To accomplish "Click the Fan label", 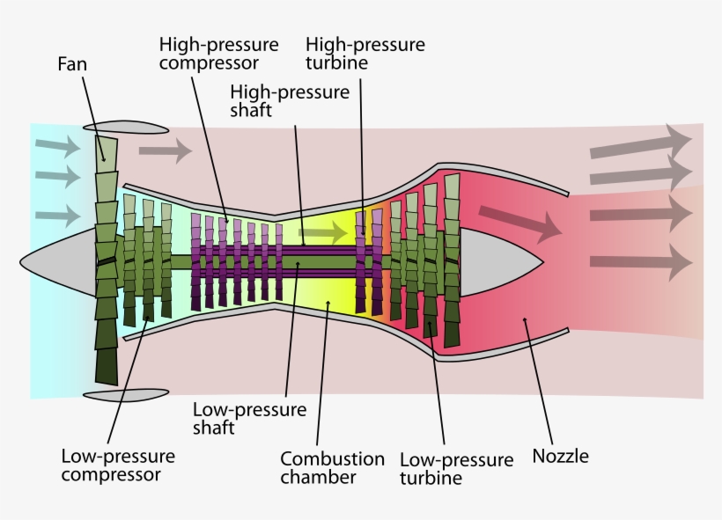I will (x=72, y=64).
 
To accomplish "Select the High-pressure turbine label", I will (x=365, y=53).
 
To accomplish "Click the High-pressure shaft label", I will (x=289, y=101).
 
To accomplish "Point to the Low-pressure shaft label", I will (x=250, y=419).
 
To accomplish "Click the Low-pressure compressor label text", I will (x=118, y=465).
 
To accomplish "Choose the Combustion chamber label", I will (x=332, y=468).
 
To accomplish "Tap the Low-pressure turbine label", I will (x=455, y=469).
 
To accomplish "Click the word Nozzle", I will (x=560, y=456).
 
